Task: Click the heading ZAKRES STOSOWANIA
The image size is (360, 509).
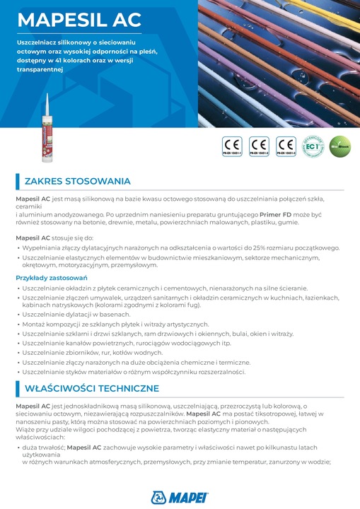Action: pyautogui.click(x=78, y=181)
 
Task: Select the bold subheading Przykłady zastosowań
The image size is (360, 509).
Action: pyautogui.click(x=48, y=279)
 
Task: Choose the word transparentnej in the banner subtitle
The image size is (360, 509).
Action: pyautogui.click(x=40, y=69)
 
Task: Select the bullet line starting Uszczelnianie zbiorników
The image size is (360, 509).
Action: pyautogui.click(x=88, y=353)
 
